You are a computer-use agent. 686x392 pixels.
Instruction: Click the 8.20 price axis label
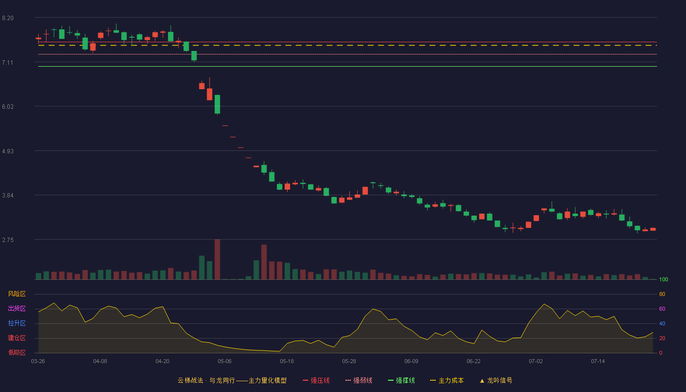coord(8,18)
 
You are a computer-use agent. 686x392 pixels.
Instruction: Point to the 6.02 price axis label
coord(8,107)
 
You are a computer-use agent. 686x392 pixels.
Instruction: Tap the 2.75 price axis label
coord(8,240)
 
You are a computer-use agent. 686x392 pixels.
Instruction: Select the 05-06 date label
coord(224,362)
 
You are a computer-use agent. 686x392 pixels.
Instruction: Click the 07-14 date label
coord(598,362)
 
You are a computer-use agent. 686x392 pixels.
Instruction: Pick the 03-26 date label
coord(38,362)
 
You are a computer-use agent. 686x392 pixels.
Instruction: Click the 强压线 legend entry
coord(316,380)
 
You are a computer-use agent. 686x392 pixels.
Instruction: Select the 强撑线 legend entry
coord(401,380)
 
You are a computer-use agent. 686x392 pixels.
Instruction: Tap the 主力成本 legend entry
coord(447,380)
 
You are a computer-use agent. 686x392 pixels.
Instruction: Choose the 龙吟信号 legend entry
coord(496,380)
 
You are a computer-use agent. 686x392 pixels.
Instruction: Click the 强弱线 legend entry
coord(359,380)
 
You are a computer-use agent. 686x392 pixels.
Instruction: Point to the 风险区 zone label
coord(17,294)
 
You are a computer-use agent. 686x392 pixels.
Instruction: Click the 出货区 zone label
coord(17,308)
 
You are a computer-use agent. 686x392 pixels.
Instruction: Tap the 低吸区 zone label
coord(17,352)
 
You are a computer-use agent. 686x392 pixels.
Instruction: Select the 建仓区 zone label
coord(17,338)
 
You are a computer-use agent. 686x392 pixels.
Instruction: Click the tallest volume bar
coord(218,259)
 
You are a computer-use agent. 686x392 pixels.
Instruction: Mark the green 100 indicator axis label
coord(663,279)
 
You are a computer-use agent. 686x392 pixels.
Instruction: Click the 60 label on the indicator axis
coord(662,309)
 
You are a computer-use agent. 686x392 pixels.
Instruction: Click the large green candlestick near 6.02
coord(218,104)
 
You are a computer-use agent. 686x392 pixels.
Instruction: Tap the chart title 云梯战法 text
coord(191,380)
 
